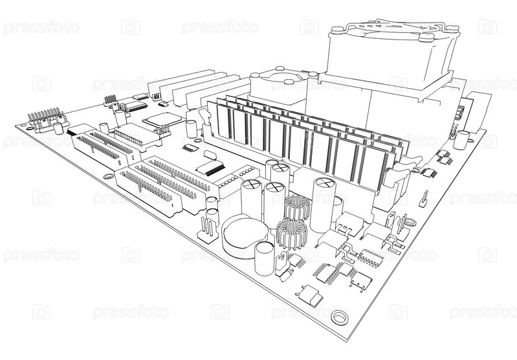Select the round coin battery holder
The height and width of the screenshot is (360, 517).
244,236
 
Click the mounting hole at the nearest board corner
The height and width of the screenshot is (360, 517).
339,317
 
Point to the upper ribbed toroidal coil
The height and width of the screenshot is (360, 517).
297,207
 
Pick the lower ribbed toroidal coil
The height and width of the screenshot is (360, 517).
291,234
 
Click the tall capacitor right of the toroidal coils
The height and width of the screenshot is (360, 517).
323,204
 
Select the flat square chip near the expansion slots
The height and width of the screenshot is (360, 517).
162,120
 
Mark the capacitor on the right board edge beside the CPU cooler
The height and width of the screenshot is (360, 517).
461,140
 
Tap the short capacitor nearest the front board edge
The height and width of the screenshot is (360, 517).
263,256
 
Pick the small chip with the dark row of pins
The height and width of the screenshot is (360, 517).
210,168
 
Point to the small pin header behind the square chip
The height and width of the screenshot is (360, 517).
111,100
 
